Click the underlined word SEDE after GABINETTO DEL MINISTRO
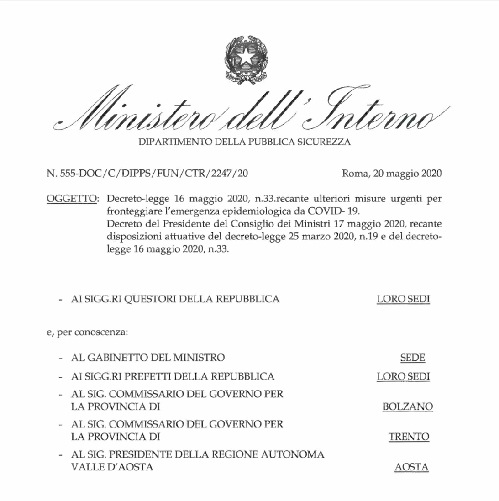point(413,357)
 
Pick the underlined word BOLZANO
point(408,407)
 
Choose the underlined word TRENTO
point(409,437)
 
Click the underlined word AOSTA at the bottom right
point(411,468)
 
